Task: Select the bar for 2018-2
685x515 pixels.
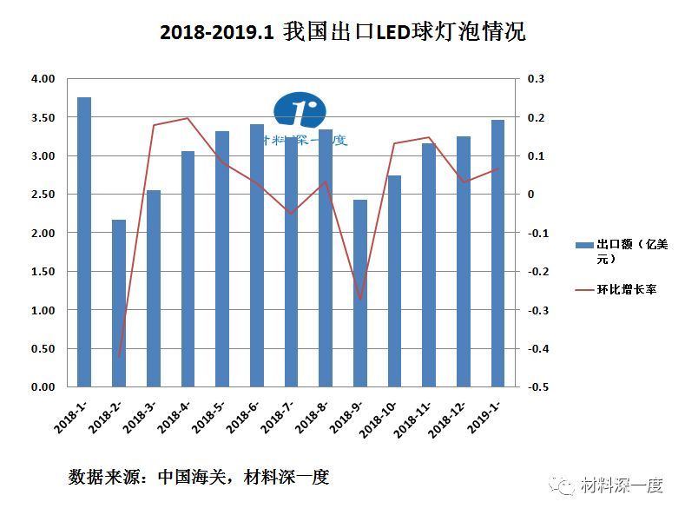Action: (x=119, y=303)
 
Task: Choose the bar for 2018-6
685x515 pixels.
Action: (x=257, y=255)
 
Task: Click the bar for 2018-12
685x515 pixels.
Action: (x=464, y=261)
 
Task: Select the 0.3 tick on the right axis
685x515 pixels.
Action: (x=535, y=79)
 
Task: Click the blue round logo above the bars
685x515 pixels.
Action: (x=300, y=110)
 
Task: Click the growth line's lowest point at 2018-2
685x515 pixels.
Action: (x=119, y=356)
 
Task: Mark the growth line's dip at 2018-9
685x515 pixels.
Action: (x=360, y=299)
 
